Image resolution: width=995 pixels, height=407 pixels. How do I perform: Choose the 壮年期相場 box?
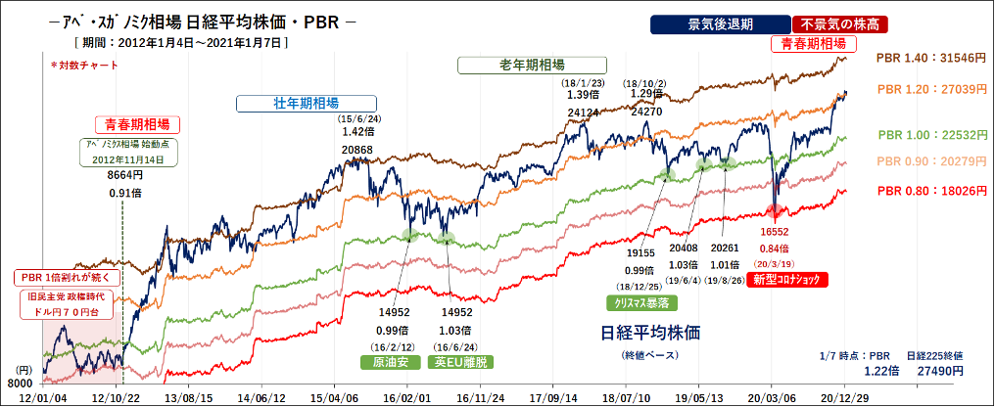click(x=307, y=103)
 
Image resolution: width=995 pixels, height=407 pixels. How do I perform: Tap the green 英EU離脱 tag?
click(x=458, y=361)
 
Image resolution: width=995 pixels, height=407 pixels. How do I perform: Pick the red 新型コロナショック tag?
click(x=786, y=280)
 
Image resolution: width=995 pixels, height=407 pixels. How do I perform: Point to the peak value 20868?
click(x=356, y=150)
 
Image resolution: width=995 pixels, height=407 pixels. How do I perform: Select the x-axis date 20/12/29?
click(x=846, y=398)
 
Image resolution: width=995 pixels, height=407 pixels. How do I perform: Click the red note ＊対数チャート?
click(x=83, y=66)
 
